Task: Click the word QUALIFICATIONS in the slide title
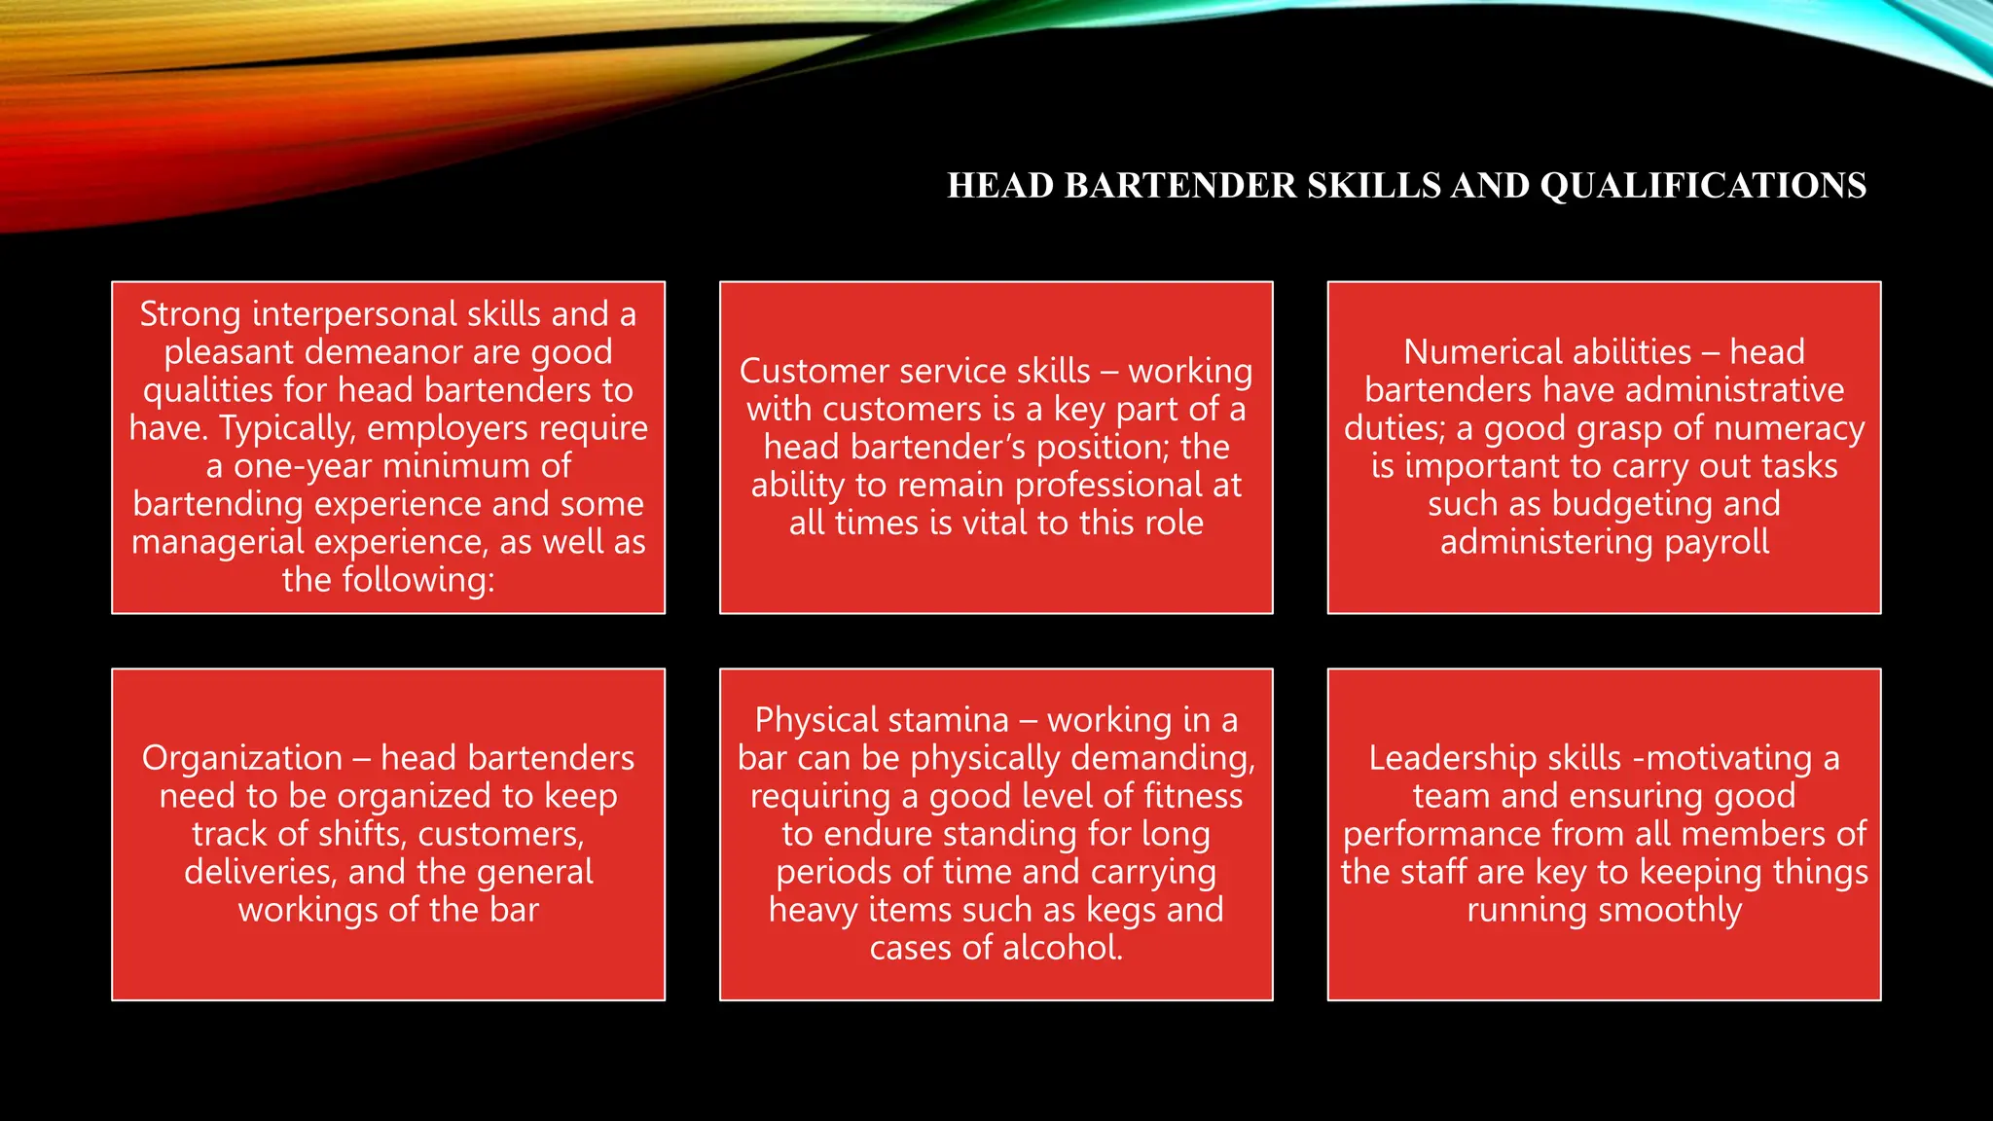click(x=1703, y=186)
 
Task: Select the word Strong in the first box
click(x=190, y=315)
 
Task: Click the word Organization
click(x=242, y=758)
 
